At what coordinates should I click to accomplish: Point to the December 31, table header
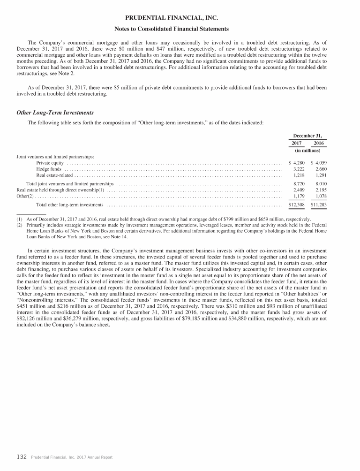[x=307, y=134]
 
